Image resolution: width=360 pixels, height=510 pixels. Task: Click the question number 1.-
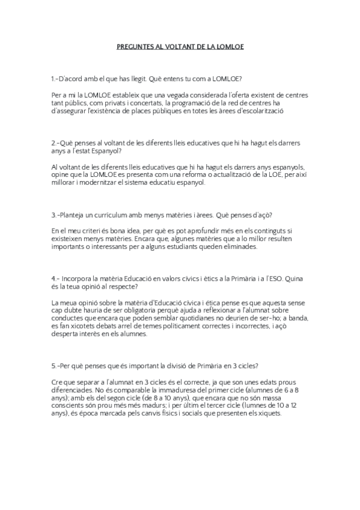coord(56,79)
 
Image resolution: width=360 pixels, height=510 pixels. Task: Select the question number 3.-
coord(56,215)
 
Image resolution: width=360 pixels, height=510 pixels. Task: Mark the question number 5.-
coord(56,366)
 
